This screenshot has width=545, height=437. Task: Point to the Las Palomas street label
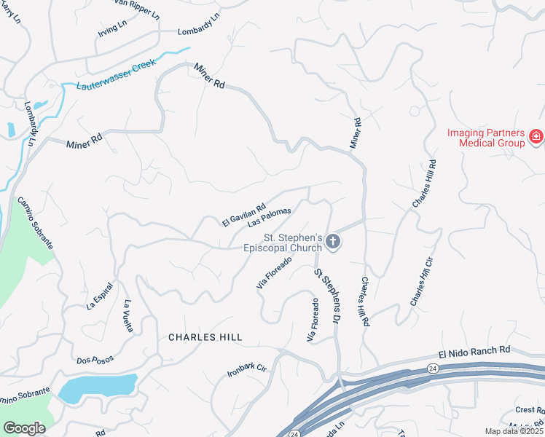[269, 217]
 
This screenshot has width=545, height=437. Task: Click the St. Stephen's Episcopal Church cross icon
[333, 242]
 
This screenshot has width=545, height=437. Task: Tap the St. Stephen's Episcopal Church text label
[292, 243]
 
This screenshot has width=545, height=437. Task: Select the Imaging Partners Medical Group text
[486, 138]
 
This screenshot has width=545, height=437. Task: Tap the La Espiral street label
[101, 294]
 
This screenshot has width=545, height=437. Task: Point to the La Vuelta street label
[128, 316]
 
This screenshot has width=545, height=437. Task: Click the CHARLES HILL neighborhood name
[205, 337]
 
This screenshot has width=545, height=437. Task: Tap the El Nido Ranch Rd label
[474, 351]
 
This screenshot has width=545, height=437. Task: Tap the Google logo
[24, 428]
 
